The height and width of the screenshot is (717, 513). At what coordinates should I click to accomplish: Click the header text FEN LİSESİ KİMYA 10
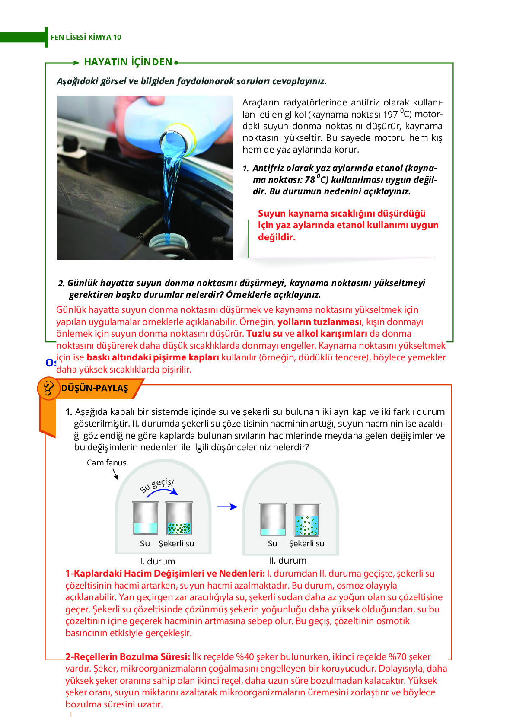tap(86, 37)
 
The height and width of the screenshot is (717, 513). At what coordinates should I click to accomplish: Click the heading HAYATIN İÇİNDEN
tap(128, 62)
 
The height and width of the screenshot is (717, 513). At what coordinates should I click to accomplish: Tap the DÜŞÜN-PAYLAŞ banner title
tap(95, 388)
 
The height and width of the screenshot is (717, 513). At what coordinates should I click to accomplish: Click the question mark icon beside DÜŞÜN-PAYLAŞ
tap(48, 388)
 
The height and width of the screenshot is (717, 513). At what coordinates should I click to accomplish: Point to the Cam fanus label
tap(106, 462)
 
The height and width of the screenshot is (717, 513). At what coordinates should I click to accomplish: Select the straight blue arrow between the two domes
tap(227, 507)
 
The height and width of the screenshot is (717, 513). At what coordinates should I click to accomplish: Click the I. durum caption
tap(157, 561)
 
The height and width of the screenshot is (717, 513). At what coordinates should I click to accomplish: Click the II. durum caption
tap(287, 560)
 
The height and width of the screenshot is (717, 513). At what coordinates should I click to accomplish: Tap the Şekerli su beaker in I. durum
tap(179, 519)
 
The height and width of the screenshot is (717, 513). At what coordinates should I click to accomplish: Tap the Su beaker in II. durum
tap(273, 520)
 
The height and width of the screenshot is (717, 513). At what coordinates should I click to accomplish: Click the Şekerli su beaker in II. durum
tap(306, 520)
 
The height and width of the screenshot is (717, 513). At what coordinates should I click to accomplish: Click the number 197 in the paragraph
tap(390, 115)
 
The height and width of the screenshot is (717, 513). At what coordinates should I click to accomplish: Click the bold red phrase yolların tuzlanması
tap(319, 322)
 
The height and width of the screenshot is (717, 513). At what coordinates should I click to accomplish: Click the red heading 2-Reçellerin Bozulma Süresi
tap(127, 657)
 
